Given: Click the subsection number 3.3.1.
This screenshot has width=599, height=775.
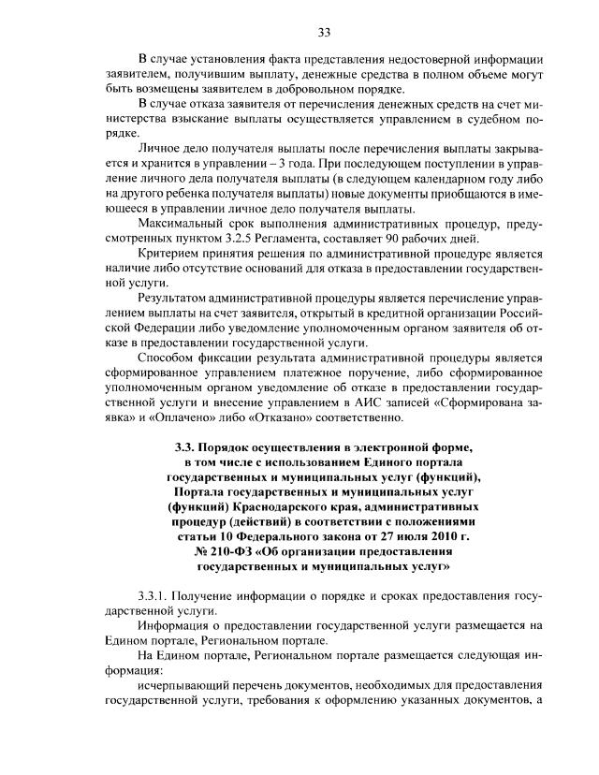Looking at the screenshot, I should (155, 596).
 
